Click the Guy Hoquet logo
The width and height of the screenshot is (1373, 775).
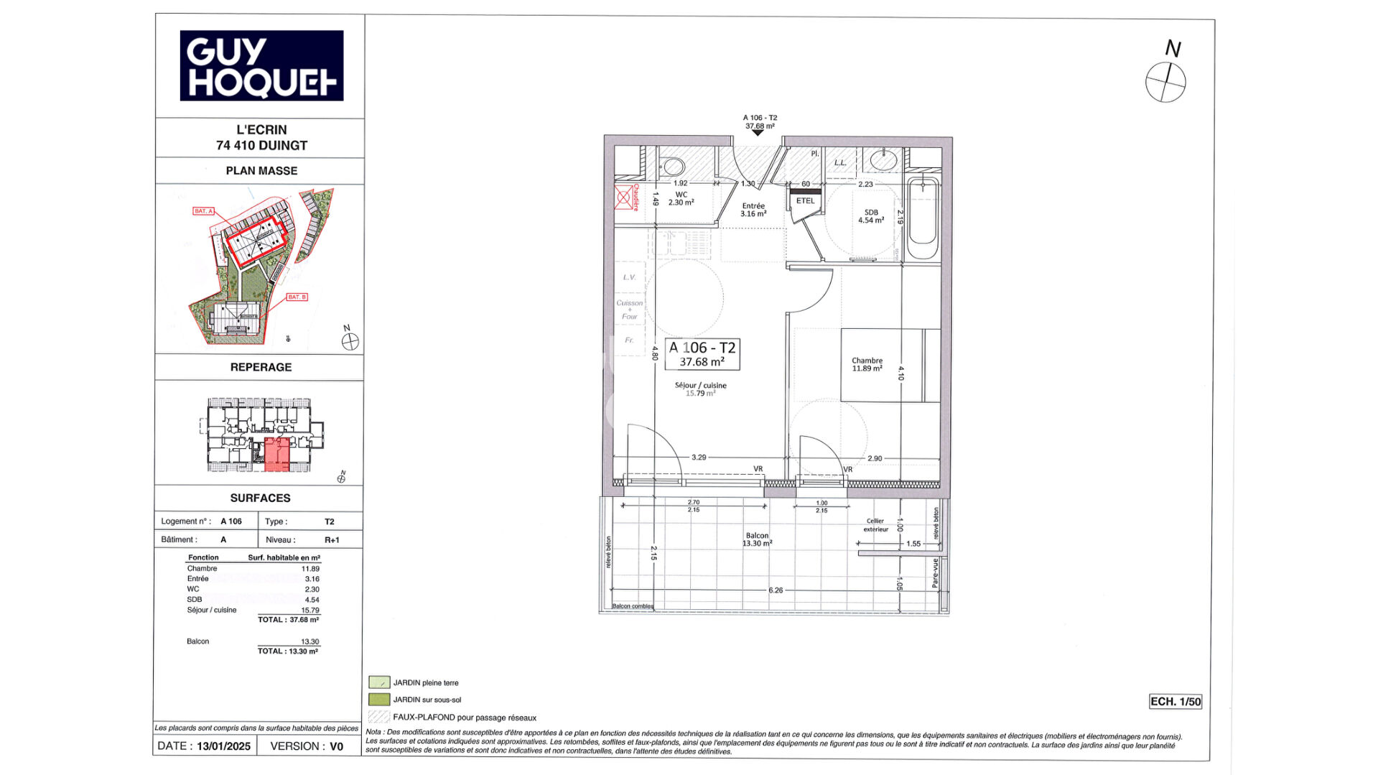[261, 65]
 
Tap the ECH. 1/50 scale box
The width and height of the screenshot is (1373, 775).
[1175, 702]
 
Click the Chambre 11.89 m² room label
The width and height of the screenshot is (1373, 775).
[867, 365]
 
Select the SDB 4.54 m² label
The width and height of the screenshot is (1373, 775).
[871, 216]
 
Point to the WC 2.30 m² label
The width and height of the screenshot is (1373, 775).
[681, 199]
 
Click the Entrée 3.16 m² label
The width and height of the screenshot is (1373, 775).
[753, 210]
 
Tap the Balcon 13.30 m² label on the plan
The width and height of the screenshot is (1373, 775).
[757, 539]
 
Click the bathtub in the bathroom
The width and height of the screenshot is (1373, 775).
[922, 219]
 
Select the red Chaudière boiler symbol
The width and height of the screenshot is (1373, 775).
[623, 197]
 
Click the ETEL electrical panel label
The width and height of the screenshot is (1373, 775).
[805, 201]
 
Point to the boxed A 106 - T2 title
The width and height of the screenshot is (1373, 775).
[702, 354]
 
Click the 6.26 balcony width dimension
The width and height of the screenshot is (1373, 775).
[776, 590]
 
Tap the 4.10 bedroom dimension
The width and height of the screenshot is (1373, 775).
[900, 373]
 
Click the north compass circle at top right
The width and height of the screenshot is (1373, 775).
[1165, 82]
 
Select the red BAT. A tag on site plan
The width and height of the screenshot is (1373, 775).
[203, 211]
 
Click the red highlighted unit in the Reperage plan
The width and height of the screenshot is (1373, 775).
[277, 454]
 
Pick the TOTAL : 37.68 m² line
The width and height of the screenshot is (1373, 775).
[289, 620]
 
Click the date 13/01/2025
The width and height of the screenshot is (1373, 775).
[224, 746]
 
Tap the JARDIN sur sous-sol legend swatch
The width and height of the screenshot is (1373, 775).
[378, 700]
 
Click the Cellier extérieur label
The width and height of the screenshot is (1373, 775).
[875, 525]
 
